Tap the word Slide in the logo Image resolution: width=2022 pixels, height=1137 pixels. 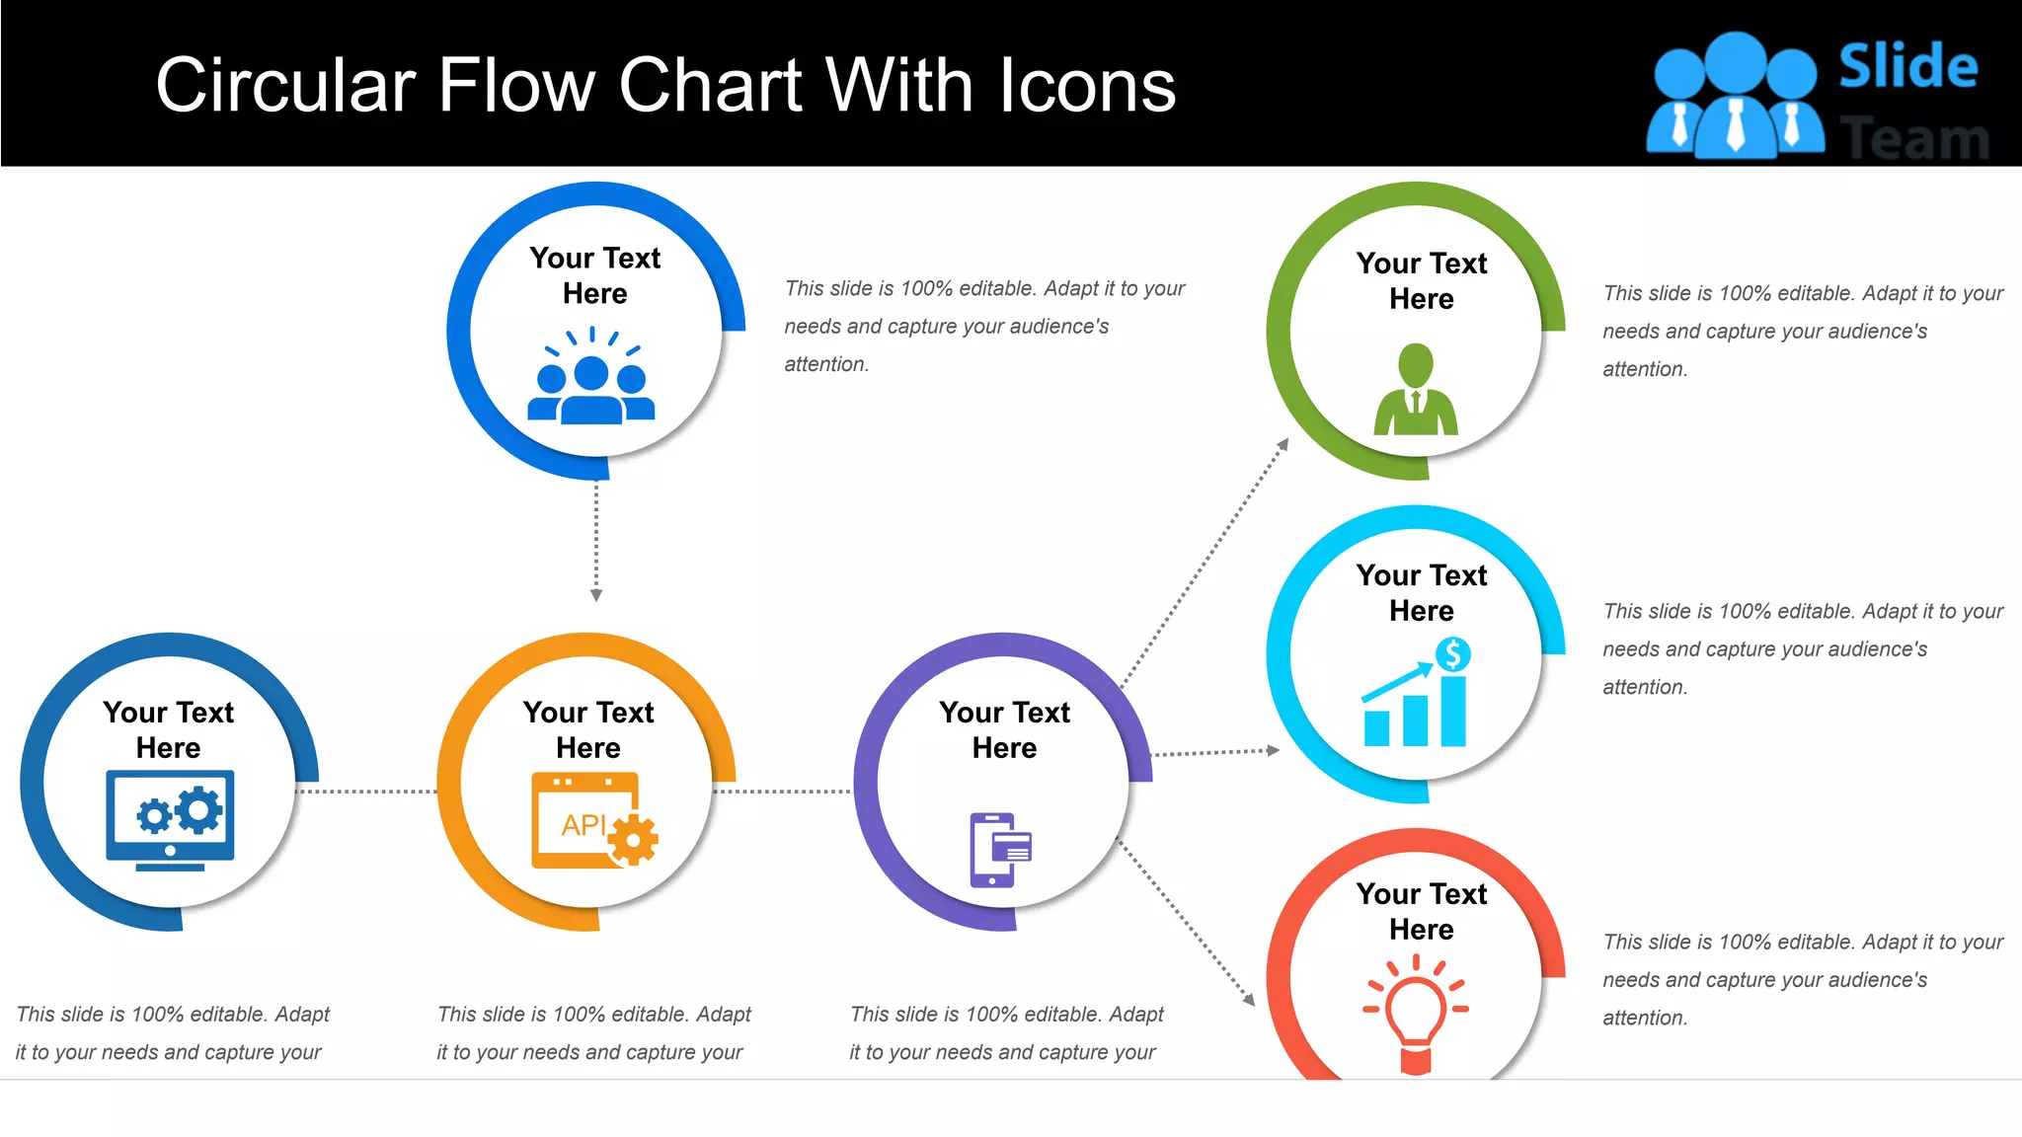coord(1907,67)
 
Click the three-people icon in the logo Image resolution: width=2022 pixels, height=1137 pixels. coord(1736,97)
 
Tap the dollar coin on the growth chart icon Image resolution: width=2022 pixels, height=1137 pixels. coord(1452,653)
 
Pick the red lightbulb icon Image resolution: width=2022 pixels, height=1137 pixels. coord(1416,1012)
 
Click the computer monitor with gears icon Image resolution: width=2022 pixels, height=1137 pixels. coord(170,819)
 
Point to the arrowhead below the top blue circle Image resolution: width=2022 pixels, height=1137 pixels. coord(596,594)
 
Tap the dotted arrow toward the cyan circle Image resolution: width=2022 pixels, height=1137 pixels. coord(1214,752)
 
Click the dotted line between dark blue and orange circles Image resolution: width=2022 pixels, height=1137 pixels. coord(365,791)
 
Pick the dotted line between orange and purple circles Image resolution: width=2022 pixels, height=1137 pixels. coord(782,791)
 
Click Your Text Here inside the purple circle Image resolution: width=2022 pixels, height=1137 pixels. coord(1004,729)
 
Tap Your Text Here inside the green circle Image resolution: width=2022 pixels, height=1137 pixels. coord(1421,280)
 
